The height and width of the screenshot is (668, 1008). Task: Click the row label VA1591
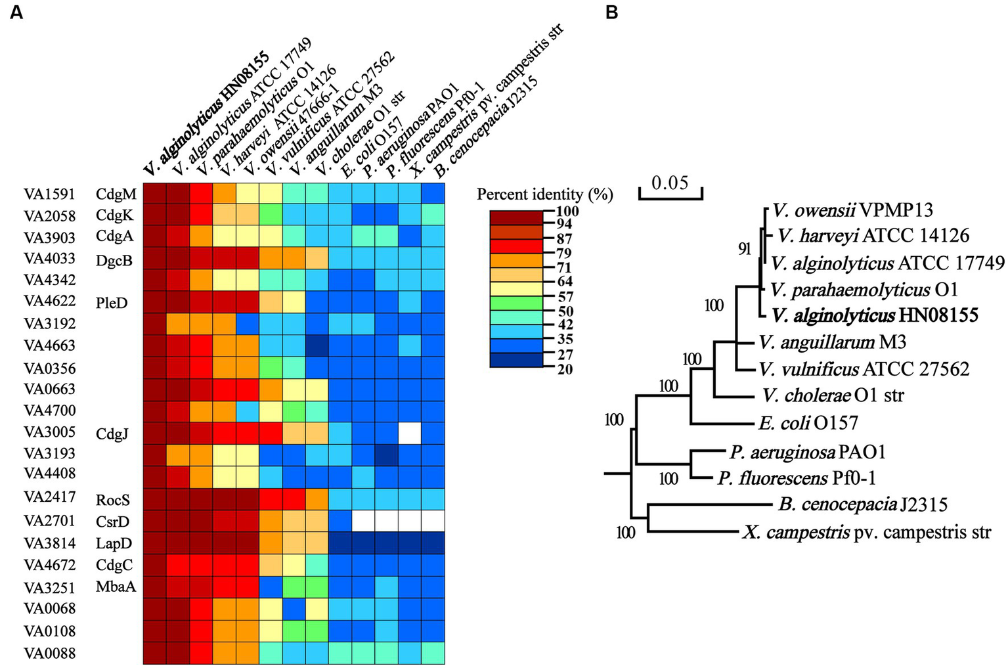pyautogui.click(x=49, y=194)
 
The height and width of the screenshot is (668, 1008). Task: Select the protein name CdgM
pyautogui.click(x=116, y=194)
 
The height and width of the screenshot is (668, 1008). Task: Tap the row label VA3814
pyautogui.click(x=49, y=543)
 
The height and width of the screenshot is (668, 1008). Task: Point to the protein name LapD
pyautogui.click(x=114, y=544)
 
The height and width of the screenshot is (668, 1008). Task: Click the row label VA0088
pyautogui.click(x=49, y=653)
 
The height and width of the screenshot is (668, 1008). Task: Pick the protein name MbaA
pyautogui.click(x=116, y=587)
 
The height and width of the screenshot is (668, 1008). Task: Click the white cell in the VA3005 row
pyautogui.click(x=410, y=433)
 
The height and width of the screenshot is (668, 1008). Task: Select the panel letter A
pyautogui.click(x=16, y=12)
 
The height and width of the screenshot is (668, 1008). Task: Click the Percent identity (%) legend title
pyautogui.click(x=544, y=194)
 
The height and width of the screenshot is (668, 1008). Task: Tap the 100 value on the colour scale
pyautogui.click(x=567, y=212)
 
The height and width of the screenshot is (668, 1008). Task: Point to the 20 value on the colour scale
pyautogui.click(x=565, y=369)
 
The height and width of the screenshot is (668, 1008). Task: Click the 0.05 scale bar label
pyautogui.click(x=670, y=182)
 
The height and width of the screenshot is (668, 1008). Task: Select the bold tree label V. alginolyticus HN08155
pyautogui.click(x=875, y=315)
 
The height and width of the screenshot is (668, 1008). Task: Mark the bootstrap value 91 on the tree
pyautogui.click(x=744, y=249)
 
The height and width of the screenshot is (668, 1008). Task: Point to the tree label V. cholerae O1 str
pyautogui.click(x=833, y=395)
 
